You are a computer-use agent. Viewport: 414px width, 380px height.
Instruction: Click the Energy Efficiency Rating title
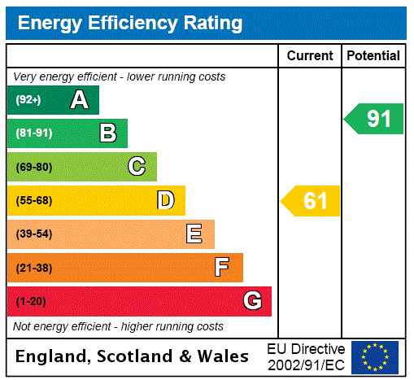point(129,23)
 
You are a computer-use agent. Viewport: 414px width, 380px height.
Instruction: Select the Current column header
point(310,56)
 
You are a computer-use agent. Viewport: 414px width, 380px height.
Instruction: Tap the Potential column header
point(373,56)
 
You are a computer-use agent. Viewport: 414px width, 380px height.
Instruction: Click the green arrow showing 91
point(375,119)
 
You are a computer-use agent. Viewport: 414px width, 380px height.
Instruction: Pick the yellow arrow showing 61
point(312,200)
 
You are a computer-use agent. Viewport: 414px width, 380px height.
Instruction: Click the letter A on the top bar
point(79,100)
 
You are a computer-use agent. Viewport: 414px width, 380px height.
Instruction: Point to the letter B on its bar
point(107,133)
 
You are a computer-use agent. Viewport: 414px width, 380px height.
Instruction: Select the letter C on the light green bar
point(137,167)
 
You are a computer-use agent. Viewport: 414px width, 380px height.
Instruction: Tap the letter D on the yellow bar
point(165,200)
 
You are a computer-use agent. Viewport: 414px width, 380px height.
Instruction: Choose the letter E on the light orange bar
point(194,234)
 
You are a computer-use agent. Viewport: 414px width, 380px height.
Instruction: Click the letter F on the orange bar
point(222,268)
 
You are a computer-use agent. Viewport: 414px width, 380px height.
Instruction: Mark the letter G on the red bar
point(252,301)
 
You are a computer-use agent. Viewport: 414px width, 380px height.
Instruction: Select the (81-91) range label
point(33,133)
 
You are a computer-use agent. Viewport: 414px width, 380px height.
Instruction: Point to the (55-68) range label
point(33,200)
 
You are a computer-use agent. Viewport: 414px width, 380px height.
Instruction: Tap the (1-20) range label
point(30,301)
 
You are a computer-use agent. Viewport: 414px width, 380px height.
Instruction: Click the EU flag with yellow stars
point(375,356)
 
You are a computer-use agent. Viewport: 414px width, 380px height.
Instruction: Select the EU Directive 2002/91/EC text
point(306,356)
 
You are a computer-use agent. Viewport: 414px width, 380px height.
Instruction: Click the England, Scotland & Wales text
point(133,356)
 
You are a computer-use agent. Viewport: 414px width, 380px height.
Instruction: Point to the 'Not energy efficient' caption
point(118,326)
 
